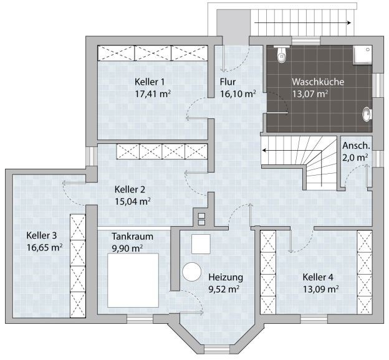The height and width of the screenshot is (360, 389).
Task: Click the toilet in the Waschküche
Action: tap(282, 54)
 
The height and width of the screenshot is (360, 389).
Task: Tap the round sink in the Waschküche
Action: tap(367, 115)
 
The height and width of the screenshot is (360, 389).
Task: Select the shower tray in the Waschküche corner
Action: tap(362, 55)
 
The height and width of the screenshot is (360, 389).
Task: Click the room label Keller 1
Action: tap(150, 82)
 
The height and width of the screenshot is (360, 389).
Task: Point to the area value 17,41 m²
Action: tap(153, 94)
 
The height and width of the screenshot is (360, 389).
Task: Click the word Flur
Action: tap(228, 82)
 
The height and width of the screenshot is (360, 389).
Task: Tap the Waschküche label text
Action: tap(318, 82)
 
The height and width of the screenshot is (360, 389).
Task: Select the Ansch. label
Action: tap(356, 146)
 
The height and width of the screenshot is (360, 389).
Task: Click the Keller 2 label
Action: tap(130, 190)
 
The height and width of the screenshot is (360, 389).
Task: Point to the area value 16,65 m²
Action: tap(44, 247)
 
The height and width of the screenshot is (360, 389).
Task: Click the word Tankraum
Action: tap(132, 237)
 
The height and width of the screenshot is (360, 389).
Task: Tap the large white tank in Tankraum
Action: tap(133, 280)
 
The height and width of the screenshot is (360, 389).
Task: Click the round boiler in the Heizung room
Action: tap(191, 272)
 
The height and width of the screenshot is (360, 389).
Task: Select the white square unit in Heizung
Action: tap(201, 244)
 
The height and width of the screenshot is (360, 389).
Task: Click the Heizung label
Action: tap(226, 277)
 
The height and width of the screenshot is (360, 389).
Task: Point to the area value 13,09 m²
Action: tap(321, 290)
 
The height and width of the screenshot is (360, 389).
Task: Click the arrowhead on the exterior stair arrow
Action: tap(349, 23)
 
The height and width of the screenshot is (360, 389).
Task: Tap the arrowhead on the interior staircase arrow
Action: tap(264, 151)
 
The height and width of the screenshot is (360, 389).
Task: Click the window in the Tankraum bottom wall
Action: tap(140, 319)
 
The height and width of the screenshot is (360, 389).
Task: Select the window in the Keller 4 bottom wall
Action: tap(314, 319)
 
